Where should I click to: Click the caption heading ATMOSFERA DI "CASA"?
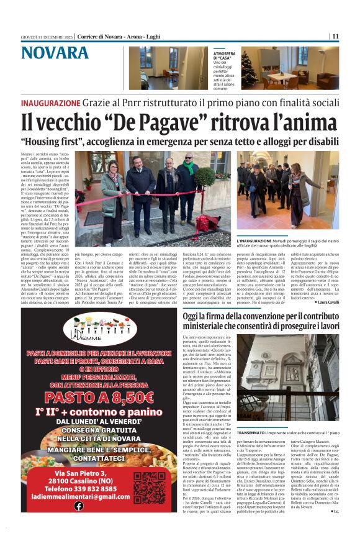tap(224, 57)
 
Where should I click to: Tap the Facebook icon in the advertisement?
tap(79, 506)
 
